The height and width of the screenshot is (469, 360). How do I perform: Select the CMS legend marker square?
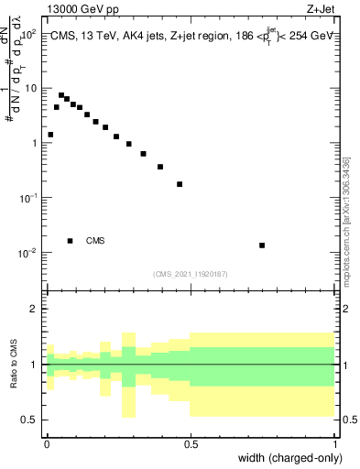coord(71,241)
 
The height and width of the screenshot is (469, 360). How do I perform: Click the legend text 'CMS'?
coord(95,241)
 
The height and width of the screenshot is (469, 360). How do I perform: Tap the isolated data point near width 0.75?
coord(262,245)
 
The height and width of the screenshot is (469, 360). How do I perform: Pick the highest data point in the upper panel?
coord(61,95)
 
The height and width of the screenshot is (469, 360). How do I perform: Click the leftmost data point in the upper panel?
coord(50,135)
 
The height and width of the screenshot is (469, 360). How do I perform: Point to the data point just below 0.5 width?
coord(180,184)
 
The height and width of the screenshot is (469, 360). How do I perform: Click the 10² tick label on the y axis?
coord(29,33)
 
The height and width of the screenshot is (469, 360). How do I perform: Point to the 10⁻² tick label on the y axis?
coord(29,253)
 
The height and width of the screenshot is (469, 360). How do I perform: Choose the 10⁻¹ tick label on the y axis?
coord(29,198)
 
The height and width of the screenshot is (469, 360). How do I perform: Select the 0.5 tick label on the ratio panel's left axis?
coord(29,420)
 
